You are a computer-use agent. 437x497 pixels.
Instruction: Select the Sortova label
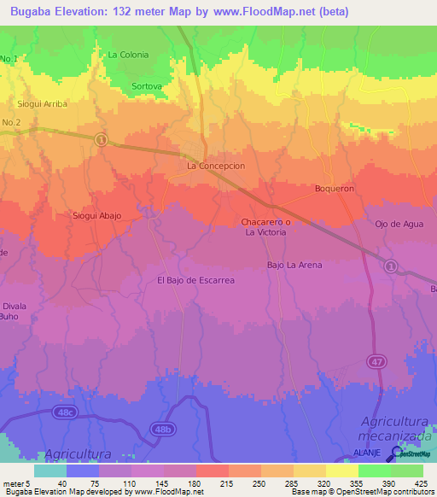pyautogui.click(x=148, y=86)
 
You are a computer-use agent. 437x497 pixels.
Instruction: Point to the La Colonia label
pyautogui.click(x=128, y=55)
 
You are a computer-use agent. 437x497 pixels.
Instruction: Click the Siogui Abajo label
pyautogui.click(x=96, y=216)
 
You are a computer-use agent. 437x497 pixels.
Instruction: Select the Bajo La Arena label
pyautogui.click(x=294, y=265)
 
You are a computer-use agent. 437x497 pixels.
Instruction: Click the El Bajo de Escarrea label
pyautogui.click(x=195, y=279)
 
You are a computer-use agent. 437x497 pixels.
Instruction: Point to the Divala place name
pyautogui.click(x=14, y=306)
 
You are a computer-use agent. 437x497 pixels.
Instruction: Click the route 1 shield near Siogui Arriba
pyautogui.click(x=101, y=139)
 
